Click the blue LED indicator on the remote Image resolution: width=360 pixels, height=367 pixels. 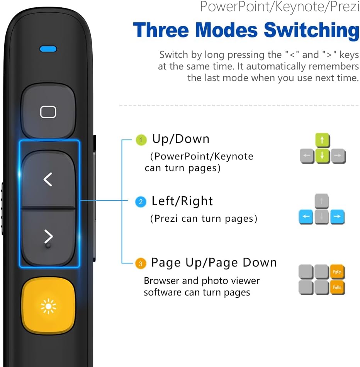48,49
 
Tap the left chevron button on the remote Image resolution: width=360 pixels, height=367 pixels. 48,179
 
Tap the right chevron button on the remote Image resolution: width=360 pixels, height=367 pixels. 48,237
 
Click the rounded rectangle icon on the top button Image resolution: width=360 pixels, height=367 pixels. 48,112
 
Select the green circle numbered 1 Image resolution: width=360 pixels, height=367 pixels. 141,140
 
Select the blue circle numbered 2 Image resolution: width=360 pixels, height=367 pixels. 141,202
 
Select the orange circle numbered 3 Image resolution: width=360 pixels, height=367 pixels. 141,264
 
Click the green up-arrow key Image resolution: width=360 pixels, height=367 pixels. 323,140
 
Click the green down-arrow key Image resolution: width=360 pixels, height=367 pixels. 323,156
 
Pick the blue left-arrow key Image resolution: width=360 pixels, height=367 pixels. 306,217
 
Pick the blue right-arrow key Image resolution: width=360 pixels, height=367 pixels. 337,217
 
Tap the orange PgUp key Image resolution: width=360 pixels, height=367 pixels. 337,272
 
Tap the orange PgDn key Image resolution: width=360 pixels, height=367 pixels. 337,287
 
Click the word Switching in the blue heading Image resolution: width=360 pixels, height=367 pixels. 312,31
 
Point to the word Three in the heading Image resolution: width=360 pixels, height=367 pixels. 161,30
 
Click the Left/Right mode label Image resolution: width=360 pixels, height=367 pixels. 182,201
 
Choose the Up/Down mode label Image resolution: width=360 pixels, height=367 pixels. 181,139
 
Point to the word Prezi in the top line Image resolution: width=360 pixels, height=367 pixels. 345,7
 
